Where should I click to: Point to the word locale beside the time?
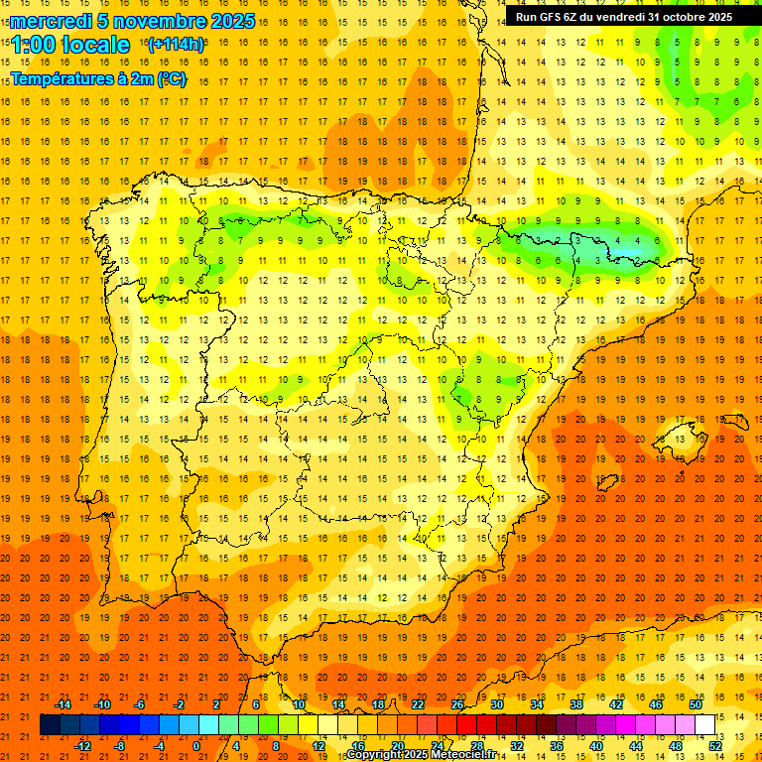click(99, 45)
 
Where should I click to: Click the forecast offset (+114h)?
click(176, 45)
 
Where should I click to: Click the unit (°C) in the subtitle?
click(170, 78)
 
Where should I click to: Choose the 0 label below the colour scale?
click(196, 746)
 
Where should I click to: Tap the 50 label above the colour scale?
click(696, 704)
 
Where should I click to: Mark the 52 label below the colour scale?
click(716, 746)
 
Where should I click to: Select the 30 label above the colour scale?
click(497, 704)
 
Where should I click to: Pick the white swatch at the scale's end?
click(705, 725)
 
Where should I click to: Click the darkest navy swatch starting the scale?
click(50, 725)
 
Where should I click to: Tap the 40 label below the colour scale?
click(596, 746)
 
